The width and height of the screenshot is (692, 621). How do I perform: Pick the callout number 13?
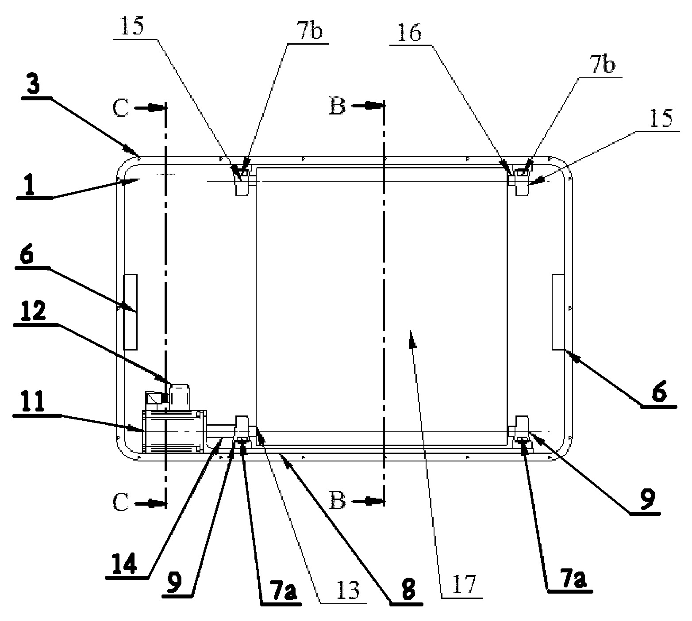[x=347, y=591]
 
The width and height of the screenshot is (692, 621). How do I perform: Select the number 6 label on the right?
[x=659, y=392]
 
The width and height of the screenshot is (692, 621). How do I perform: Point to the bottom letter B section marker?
[x=337, y=501]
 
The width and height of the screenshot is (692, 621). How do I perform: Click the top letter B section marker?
[x=337, y=107]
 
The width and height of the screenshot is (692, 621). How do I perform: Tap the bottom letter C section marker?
[x=121, y=502]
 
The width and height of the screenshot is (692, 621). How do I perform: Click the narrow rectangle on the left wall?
[x=130, y=312]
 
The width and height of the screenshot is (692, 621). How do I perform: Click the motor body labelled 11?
[x=174, y=431]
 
